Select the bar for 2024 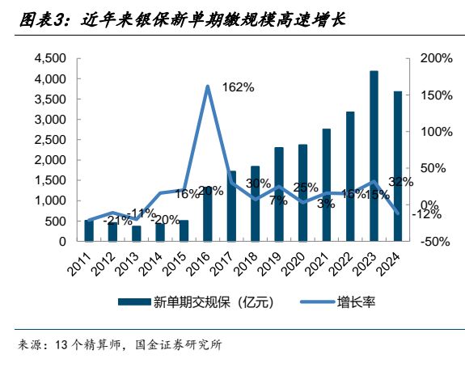[x=397, y=167]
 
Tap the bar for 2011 [x=89, y=230]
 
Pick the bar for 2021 [x=327, y=185]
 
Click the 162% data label [x=237, y=87]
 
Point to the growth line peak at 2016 [x=208, y=86]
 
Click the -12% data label [x=425, y=214]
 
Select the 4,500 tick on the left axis [x=49, y=59]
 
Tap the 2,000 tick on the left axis [x=49, y=160]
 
